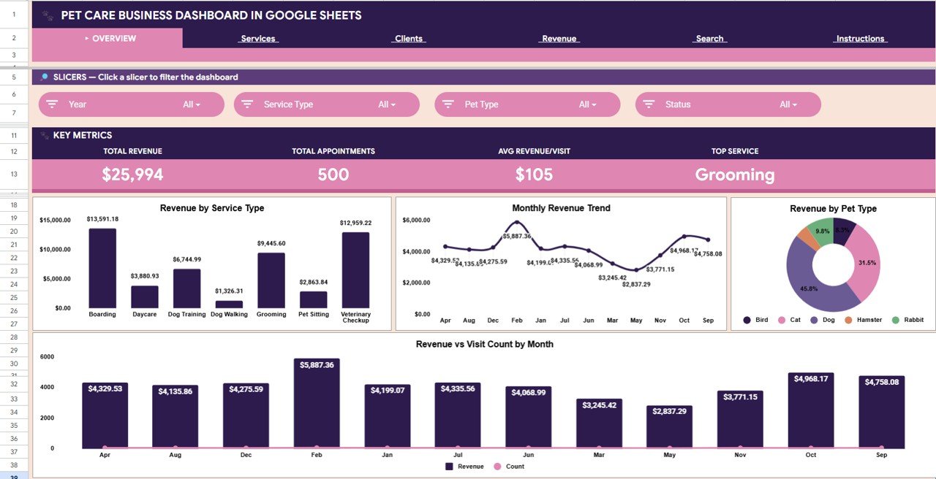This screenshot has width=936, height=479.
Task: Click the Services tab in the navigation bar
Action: click(258, 39)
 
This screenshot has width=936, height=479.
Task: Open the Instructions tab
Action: click(860, 39)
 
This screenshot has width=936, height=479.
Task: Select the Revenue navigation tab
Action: click(559, 39)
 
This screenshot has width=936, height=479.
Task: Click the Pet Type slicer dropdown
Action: click(527, 104)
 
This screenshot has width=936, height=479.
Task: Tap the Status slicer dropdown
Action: click(728, 104)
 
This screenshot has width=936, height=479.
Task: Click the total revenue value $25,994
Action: click(132, 175)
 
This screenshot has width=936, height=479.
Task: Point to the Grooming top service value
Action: click(734, 175)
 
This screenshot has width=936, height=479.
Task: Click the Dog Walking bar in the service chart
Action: click(229, 304)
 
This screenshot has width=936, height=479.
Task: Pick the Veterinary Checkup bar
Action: click(355, 270)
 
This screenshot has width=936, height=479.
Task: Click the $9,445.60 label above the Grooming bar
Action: click(271, 244)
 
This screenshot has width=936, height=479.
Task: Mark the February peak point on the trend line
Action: click(516, 222)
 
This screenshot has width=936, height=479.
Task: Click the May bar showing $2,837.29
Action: click(669, 427)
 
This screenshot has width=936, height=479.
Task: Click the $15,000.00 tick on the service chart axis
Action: click(55, 220)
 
